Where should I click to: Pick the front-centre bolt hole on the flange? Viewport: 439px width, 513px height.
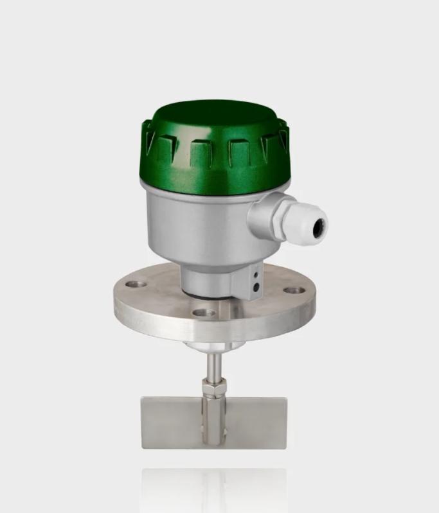coord(204,313)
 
